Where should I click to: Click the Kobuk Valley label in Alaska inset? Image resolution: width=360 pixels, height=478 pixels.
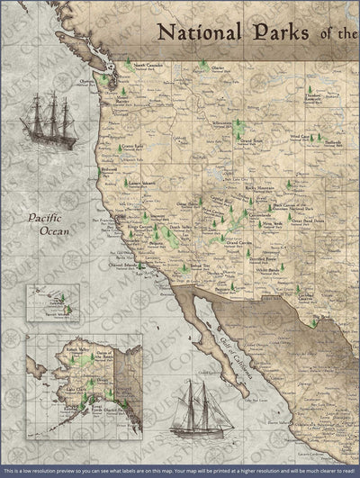tap(69, 346)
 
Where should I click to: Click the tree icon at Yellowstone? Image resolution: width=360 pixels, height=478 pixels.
tap(238, 122)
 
